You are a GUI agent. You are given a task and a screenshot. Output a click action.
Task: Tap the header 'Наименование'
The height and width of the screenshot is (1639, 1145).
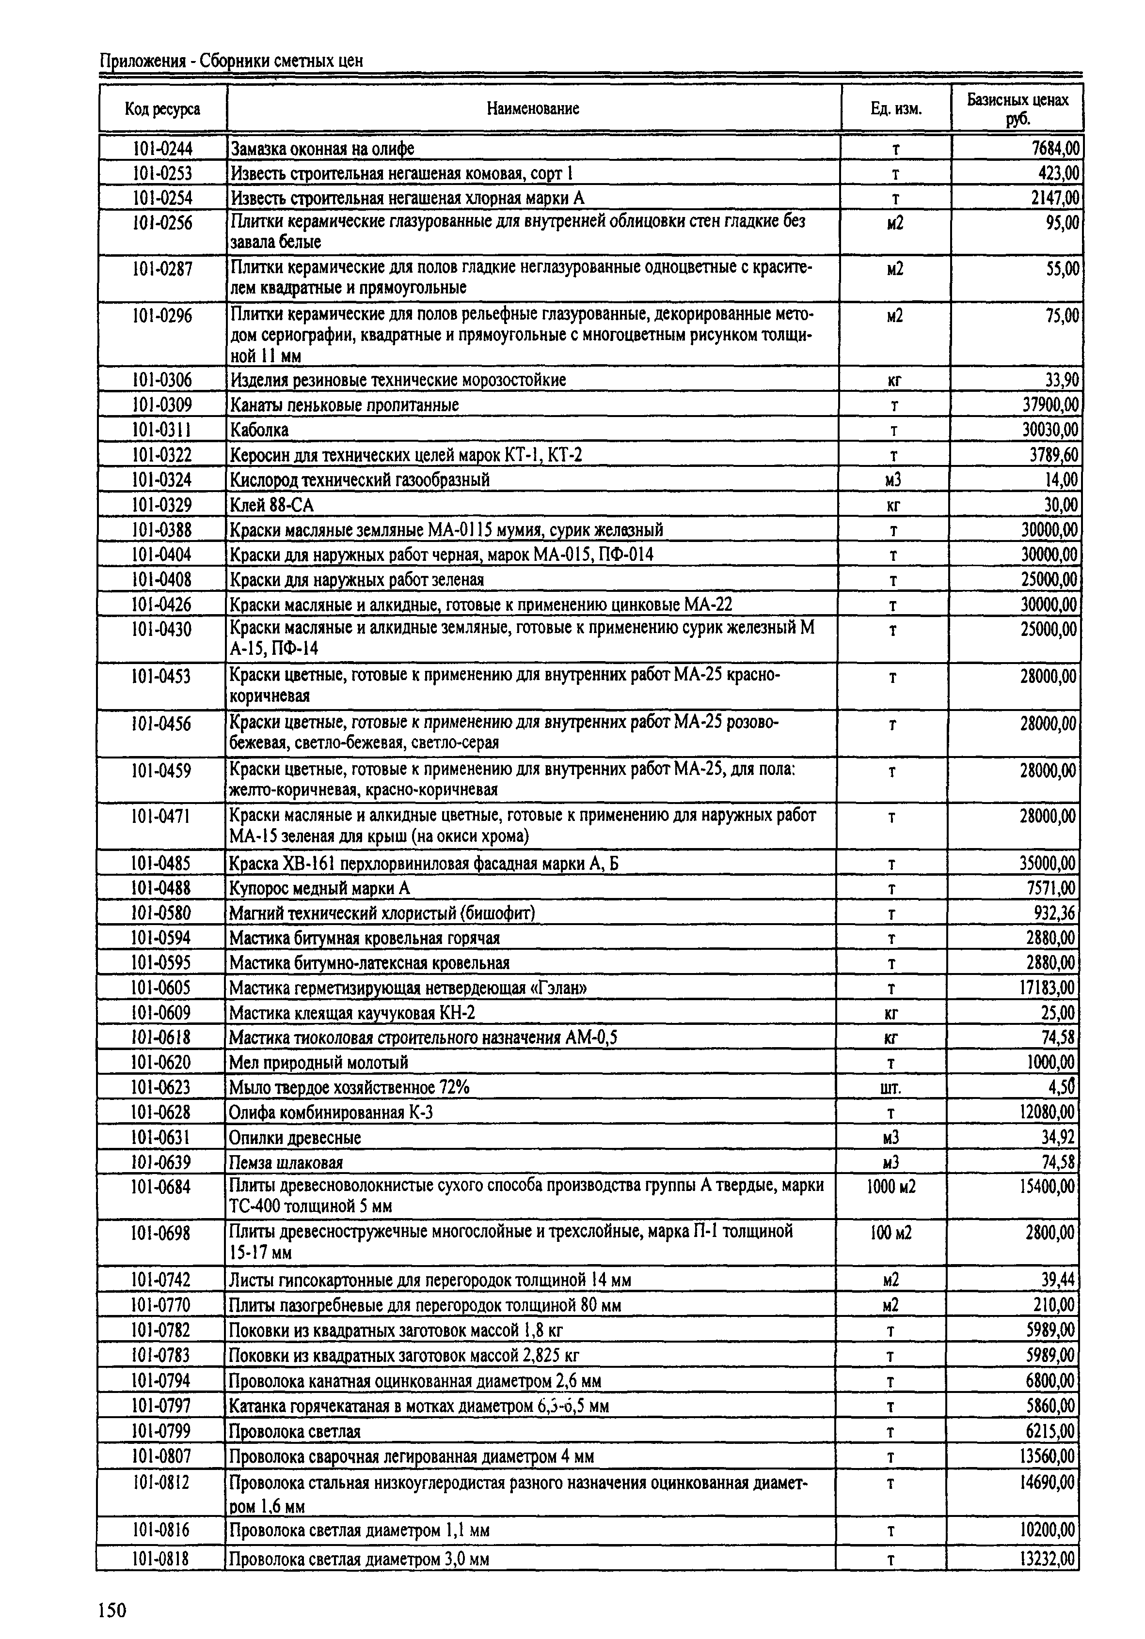[533, 108]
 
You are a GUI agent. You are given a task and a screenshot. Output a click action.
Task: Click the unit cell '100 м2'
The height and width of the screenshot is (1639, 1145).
[891, 1233]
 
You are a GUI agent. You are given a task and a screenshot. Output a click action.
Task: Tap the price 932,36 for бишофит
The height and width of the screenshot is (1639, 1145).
[1053, 913]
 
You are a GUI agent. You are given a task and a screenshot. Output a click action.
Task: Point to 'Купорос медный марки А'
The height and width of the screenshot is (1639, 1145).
[320, 888]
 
